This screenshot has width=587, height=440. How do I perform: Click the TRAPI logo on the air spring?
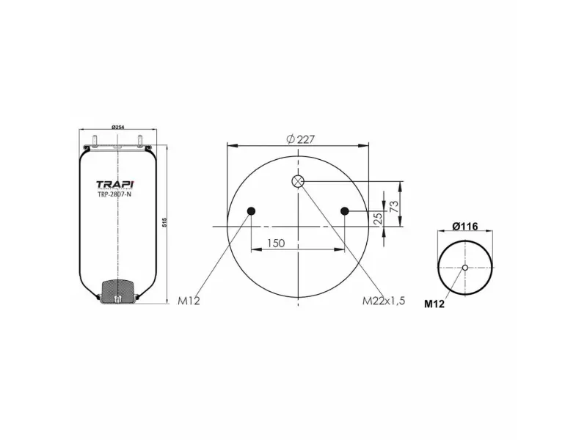click(116, 185)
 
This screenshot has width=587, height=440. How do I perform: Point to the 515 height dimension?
click(166, 223)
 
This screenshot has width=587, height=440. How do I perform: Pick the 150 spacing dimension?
click(276, 243)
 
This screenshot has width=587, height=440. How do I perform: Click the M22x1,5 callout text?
click(383, 301)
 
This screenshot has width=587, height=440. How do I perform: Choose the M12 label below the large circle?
click(189, 301)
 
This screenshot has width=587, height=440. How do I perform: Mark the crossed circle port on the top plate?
click(298, 181)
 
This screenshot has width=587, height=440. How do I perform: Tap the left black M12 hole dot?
click(251, 212)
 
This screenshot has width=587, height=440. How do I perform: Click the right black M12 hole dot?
click(345, 212)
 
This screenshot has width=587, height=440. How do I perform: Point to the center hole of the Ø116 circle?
click(465, 268)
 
